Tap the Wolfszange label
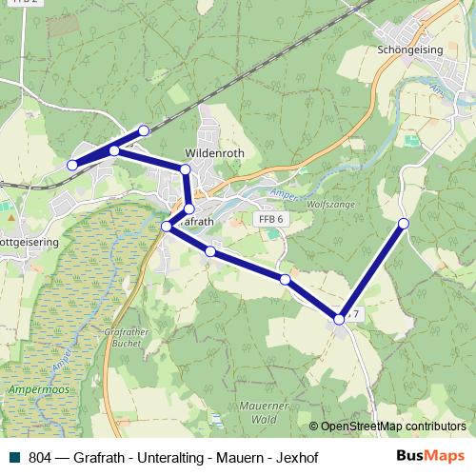point(329,203)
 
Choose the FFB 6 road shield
point(271,219)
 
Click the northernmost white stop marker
point(144,130)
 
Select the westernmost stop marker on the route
point(71,166)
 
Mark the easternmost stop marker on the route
point(404,224)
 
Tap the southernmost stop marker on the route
point(339,320)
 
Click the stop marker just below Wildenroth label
point(186,169)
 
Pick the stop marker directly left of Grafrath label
point(167,227)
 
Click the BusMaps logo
point(430,456)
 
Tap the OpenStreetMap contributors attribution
point(392,426)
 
